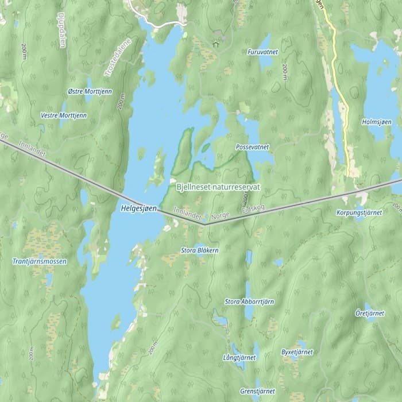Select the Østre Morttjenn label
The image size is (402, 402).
[90, 92]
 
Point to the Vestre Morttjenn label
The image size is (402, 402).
[64, 115]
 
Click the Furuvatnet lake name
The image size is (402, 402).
[262, 52]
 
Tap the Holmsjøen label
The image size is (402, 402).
[377, 122]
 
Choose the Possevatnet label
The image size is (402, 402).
[252, 148]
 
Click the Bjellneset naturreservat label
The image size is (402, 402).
[218, 187]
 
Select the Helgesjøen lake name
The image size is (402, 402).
[139, 210]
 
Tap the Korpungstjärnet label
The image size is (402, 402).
[359, 212]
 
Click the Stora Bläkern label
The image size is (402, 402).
[199, 250]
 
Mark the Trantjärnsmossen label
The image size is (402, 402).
[40, 261]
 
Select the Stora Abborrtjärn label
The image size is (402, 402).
[249, 301]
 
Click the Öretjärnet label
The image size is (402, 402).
[370, 314]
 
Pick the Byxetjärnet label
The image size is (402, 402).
[296, 351]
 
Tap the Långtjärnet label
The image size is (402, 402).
[239, 357]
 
